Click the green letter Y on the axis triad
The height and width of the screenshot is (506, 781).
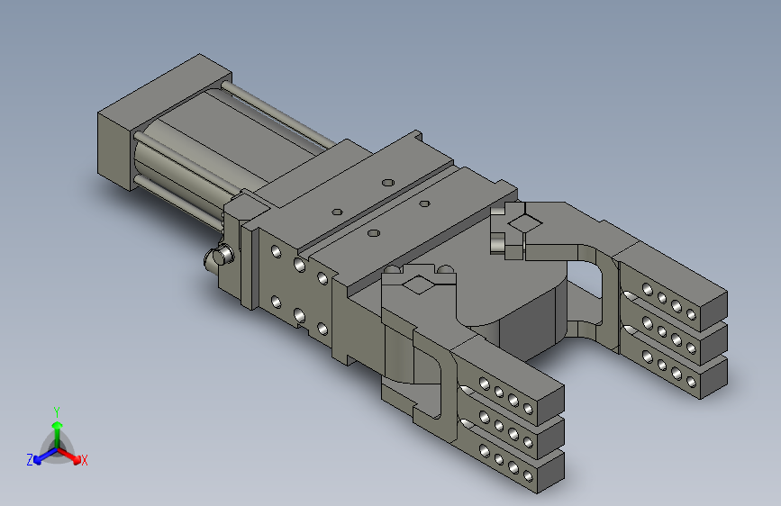(57, 412)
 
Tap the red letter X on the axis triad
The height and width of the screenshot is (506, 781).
(84, 461)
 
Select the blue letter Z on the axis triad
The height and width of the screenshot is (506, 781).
(30, 460)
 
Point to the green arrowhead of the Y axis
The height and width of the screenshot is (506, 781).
(58, 425)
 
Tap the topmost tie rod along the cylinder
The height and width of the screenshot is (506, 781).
(279, 115)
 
